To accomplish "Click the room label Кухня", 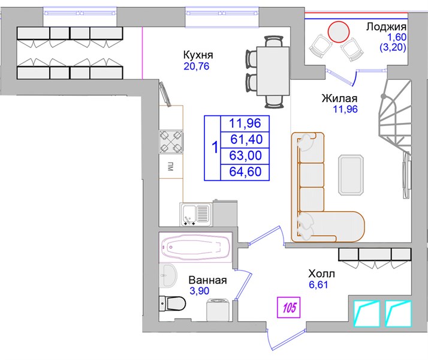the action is coord(198,55).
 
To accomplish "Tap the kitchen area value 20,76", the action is coord(196,66).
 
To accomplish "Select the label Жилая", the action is coord(339,98).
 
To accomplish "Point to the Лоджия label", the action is coord(386,27).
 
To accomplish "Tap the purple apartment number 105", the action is coord(289,308).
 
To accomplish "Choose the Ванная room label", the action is coord(208,280).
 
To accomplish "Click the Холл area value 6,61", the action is coord(318,285).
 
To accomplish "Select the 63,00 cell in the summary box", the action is coord(245,155).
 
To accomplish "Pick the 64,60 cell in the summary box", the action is coord(245,172).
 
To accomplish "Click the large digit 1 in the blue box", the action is coord(215,148).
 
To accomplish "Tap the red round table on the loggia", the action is coord(339,32).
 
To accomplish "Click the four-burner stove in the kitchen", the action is coord(171,142).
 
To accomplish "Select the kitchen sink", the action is coord(196,214).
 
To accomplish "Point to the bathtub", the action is coord(195,247).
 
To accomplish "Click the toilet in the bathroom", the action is coord(172,303).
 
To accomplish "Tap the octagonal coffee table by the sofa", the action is coord(351,175).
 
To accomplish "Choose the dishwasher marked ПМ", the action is coord(171,166).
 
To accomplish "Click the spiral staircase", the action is coord(394,131).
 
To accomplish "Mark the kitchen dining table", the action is coord(273,71).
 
